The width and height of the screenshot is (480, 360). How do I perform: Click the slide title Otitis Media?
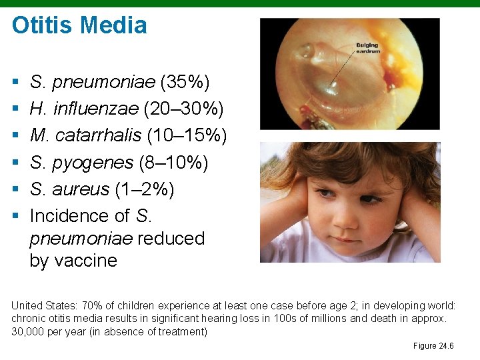(79, 25)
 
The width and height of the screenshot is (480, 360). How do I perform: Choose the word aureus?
(81, 189)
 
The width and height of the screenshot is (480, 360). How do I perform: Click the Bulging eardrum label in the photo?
(367, 47)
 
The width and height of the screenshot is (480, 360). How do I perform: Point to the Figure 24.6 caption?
(433, 345)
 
